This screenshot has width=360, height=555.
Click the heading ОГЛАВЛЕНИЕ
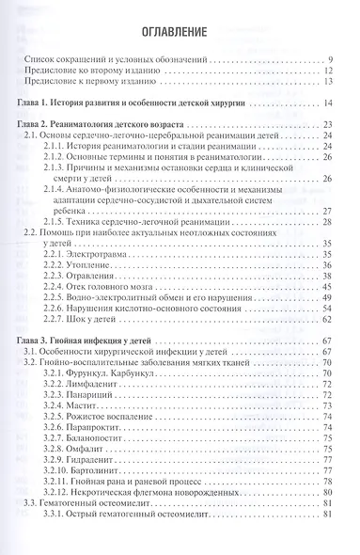tap(179, 35)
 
